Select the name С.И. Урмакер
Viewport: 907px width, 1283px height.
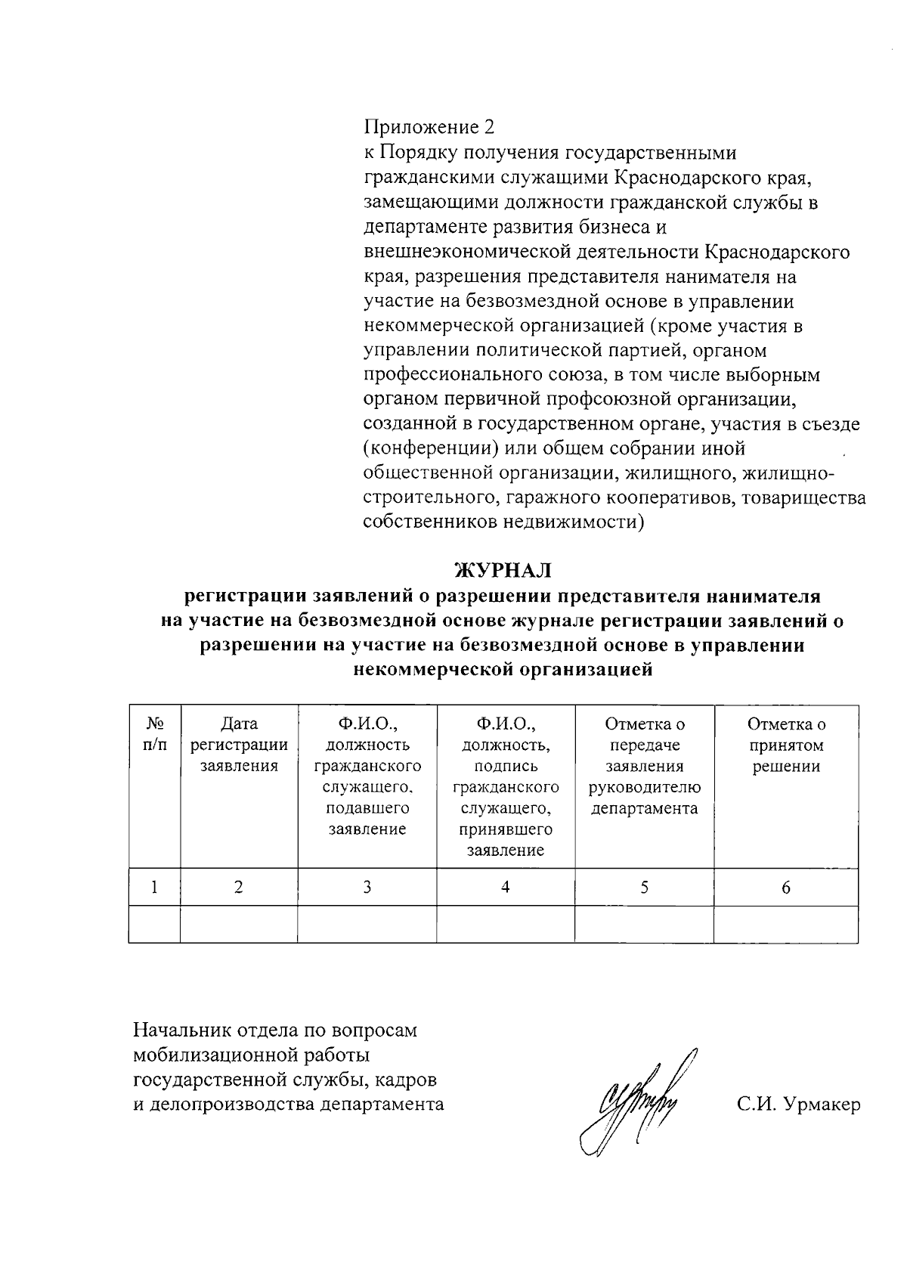coord(798,1105)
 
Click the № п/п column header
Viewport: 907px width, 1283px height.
coord(154,734)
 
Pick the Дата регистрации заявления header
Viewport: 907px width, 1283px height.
coord(239,745)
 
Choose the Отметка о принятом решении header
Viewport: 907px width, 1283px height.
coord(786,745)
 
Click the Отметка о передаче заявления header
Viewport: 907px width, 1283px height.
coord(644,766)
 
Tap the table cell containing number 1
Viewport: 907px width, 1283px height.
coord(154,887)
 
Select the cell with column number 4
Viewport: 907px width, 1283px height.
coord(505,887)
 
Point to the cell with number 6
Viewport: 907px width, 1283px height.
coord(786,887)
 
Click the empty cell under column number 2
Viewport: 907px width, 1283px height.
coord(239,924)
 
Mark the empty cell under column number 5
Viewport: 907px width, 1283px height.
coord(644,924)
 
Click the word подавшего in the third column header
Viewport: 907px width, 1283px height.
coord(367,808)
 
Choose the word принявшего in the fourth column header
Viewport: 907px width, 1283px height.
coord(505,829)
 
